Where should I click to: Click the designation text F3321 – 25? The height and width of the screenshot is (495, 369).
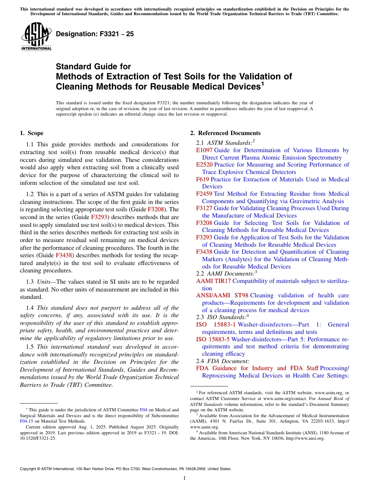tap(95, 34)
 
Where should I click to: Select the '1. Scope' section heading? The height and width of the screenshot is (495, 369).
tap(31, 133)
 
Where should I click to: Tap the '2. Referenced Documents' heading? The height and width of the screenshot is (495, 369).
tap(225, 133)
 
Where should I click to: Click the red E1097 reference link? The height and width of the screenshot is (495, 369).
tap(204, 150)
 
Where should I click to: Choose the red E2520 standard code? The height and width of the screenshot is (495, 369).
tap(204, 165)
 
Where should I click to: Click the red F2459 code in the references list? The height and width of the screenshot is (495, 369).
tap(204, 194)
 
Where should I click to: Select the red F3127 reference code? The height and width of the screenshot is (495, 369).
tap(204, 208)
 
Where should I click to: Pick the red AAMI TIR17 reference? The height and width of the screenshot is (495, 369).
tap(213, 281)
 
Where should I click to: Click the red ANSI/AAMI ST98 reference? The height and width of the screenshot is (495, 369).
tap(222, 295)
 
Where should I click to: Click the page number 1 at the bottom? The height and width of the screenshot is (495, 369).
tap(184, 478)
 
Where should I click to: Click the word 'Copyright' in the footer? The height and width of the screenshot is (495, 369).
tap(30, 469)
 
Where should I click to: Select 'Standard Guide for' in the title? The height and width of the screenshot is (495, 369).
tap(93, 67)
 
